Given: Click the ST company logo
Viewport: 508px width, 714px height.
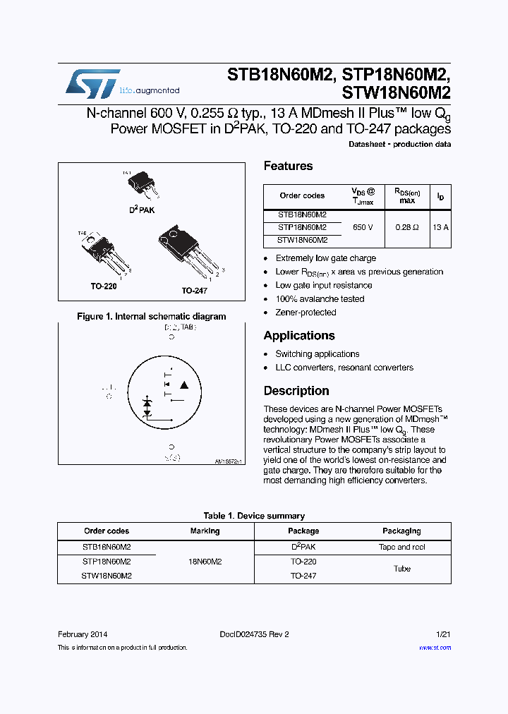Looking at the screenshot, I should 92,84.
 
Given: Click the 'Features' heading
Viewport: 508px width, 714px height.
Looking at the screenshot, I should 288,166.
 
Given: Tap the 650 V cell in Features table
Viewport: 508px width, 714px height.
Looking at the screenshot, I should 363,227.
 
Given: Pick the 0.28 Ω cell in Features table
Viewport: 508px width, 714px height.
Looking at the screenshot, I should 406,227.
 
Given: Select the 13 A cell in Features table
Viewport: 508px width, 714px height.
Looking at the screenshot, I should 440,227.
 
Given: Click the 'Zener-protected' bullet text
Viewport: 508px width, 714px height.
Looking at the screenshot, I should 306,313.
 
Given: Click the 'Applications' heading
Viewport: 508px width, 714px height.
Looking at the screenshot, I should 299,336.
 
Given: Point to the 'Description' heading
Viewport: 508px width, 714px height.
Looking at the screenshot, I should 296,391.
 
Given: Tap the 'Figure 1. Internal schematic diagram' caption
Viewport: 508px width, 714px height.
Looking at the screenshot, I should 151,317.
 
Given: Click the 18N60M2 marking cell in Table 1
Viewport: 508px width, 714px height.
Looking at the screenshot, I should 205,562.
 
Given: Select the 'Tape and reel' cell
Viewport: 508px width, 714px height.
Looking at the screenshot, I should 401,547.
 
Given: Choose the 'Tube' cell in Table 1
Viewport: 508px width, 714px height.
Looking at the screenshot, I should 401,569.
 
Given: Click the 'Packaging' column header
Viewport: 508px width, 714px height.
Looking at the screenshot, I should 401,531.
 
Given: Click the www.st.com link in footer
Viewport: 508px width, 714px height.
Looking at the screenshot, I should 435,647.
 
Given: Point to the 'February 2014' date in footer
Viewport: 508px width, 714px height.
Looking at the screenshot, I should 83,634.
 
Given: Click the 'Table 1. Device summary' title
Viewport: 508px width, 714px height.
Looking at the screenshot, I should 254,516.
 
